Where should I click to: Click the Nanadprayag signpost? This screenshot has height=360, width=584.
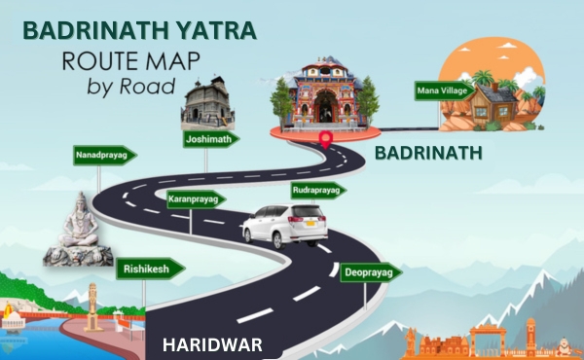click(x=104, y=155)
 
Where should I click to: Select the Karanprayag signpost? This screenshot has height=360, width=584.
click(x=194, y=199)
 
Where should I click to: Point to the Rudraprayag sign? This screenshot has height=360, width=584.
click(x=318, y=191)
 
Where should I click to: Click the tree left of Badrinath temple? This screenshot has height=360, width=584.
click(x=281, y=100)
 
